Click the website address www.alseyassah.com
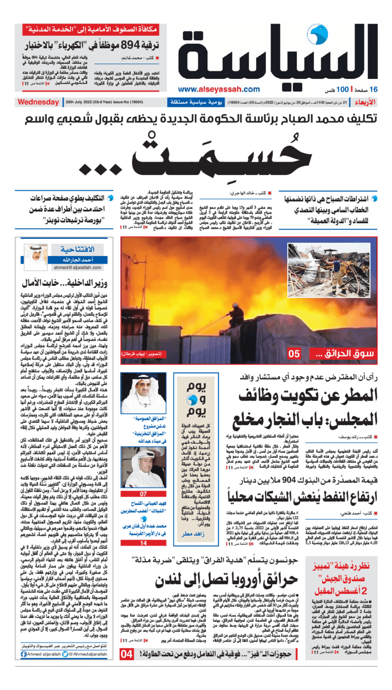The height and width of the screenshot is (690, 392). click(x=219, y=89)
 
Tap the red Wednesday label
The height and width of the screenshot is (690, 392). click(x=38, y=102)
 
